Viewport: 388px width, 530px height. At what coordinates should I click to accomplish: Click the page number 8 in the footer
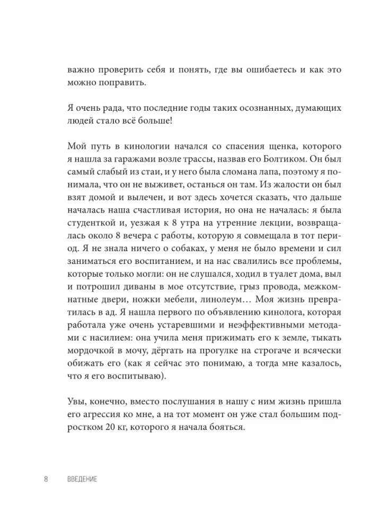(x=46, y=480)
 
